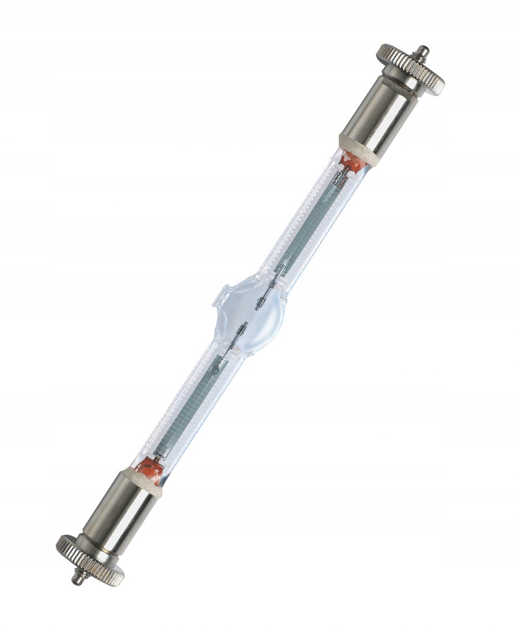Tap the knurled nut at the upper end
point(411,70)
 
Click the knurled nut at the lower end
point(90,560)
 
